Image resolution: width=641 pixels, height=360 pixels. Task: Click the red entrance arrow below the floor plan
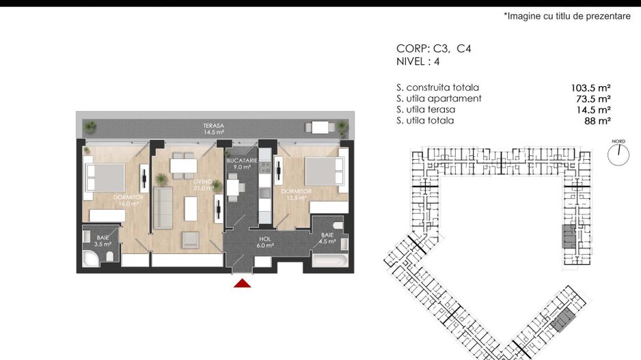tap(242, 283)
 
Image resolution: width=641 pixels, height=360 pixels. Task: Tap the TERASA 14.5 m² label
tap(214, 129)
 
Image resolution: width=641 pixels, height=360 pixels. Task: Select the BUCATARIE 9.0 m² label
tap(242, 164)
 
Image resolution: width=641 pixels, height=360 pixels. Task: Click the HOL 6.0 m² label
tap(265, 243)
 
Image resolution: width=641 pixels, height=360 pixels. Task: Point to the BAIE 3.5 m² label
tap(103, 240)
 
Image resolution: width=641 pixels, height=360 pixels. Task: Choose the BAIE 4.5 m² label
tap(327, 238)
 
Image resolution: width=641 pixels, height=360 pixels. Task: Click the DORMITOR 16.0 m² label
tap(128, 200)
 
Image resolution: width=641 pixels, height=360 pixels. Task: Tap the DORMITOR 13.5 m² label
tap(297, 195)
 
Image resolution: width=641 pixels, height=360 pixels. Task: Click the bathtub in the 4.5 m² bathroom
tap(330, 261)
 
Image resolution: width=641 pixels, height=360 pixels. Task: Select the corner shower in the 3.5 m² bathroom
tap(91, 259)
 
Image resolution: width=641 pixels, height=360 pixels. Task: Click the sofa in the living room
tap(163, 208)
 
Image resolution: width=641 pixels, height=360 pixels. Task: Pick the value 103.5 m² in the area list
tap(590, 88)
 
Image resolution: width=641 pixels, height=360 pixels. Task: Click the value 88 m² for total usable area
tap(597, 121)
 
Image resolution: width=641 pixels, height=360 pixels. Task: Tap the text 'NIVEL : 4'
tap(418, 61)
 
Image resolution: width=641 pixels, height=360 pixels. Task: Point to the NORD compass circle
tap(618, 155)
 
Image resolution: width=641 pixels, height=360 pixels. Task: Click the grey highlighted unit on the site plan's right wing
tap(569, 236)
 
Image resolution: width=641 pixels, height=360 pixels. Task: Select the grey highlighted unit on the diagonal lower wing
tap(563, 319)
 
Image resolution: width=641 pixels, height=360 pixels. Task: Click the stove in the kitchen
tap(265, 167)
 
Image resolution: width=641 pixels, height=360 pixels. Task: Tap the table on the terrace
tap(320, 128)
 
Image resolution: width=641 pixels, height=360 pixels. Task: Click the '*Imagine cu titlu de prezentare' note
tap(567, 16)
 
